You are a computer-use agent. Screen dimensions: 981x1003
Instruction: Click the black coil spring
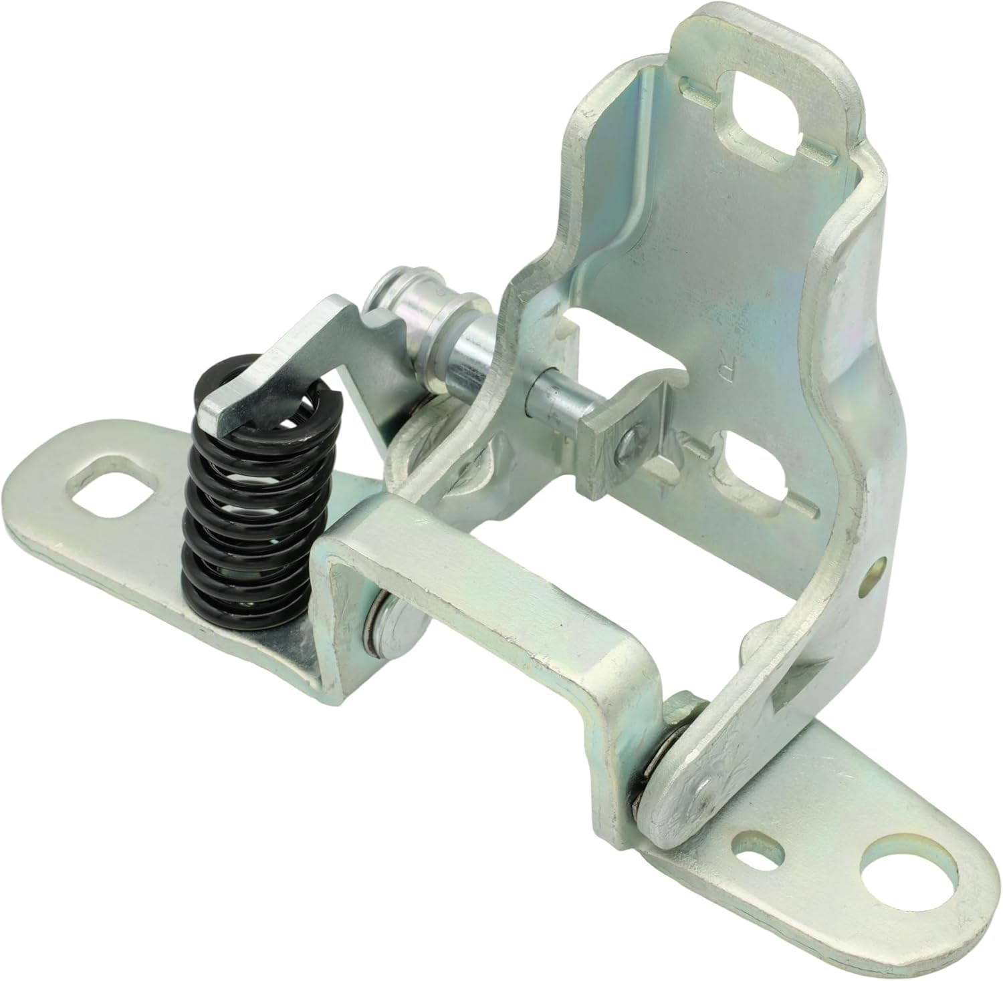coord(241,508)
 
